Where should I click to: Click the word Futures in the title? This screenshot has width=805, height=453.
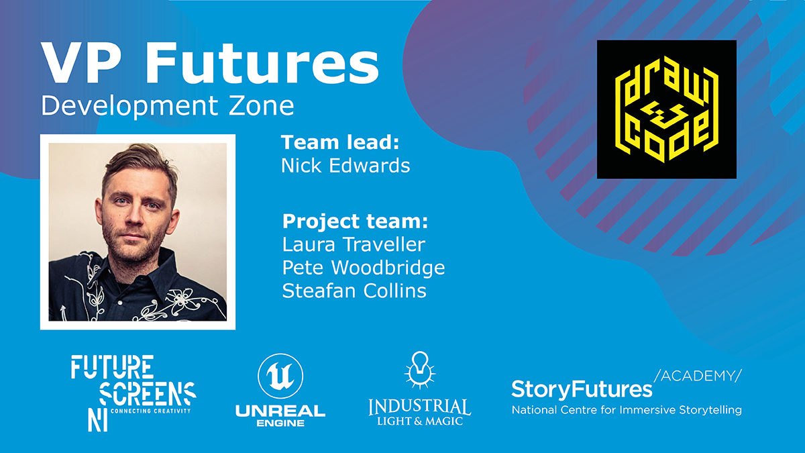tap(262, 64)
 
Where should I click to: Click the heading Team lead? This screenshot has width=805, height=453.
tap(340, 142)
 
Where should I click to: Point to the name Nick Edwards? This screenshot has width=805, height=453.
tap(345, 165)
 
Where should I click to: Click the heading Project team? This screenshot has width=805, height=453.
tap(355, 221)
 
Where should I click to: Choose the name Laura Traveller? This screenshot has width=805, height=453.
tap(354, 244)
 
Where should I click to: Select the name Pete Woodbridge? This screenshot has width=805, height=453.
tap(364, 268)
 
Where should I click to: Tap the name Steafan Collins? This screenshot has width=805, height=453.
tap(354, 291)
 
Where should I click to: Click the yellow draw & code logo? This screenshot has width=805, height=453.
tap(667, 109)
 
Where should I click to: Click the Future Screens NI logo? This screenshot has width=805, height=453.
tap(133, 393)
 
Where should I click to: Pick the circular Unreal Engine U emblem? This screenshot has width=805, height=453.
tap(280, 376)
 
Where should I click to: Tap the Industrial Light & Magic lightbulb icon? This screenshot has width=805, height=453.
tap(420, 370)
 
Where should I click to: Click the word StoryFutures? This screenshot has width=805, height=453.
tap(582, 390)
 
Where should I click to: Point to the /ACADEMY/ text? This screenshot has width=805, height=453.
tap(698, 376)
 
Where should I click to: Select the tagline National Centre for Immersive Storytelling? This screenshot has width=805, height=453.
tap(627, 410)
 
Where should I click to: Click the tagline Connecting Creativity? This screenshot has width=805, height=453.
tap(150, 411)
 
